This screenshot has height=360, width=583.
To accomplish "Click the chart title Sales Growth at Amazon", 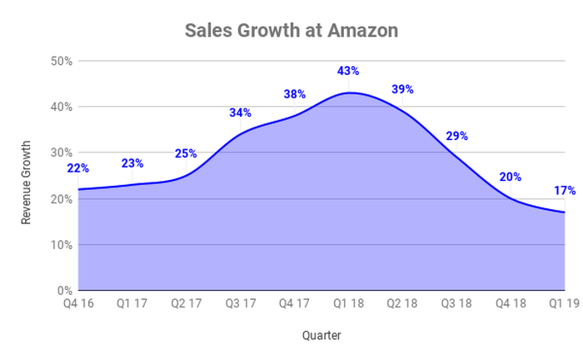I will pos(291,31).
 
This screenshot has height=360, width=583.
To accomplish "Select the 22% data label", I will pos(78,168).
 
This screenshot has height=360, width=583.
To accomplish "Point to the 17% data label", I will pos(565,191).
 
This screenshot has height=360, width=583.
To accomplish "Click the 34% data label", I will pos(241,113).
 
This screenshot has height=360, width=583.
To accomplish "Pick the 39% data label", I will pos(402,89).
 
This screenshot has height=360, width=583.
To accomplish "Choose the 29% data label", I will pos(456,136).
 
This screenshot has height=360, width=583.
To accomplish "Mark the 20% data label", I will pos(511,177).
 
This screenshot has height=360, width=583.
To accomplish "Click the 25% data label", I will pos(186,153).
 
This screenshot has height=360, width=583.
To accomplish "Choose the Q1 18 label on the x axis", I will pos(349,305).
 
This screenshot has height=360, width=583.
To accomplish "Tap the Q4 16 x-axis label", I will pos(78,305).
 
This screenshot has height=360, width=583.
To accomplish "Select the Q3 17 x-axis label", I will pos(241,305).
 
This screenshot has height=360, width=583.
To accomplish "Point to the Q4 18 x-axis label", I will pos(511,305).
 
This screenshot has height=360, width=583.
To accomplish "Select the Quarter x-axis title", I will pos(321,336).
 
